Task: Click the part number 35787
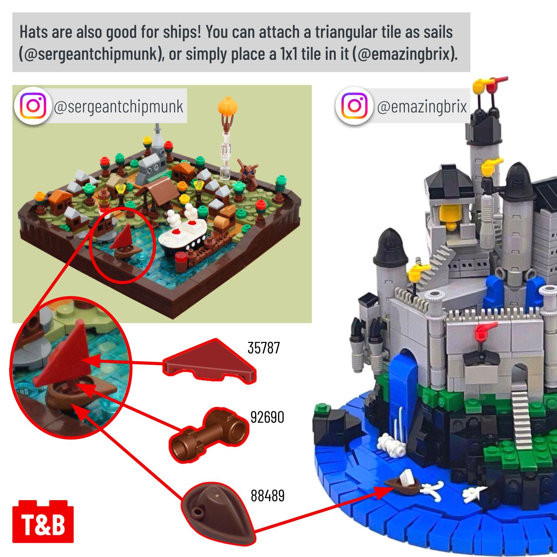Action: point(264,348)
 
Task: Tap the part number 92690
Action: point(267,417)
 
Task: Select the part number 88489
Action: point(267,495)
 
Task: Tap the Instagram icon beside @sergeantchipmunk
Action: point(33,106)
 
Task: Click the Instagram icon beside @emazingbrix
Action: point(354,106)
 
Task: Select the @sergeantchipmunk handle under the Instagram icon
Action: point(118,106)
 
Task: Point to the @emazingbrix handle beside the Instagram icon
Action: point(422,106)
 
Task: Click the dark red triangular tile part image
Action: point(210,361)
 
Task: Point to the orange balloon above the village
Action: point(227,106)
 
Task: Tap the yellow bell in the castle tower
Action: point(449,216)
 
